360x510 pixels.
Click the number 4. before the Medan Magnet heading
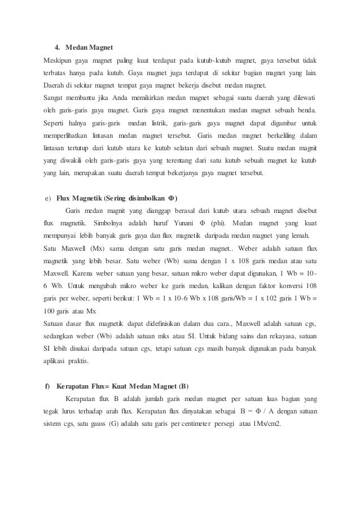click(57, 46)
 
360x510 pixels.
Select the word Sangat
click(55, 98)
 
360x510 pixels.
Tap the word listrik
click(157, 123)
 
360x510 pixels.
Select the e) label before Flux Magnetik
click(48, 198)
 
